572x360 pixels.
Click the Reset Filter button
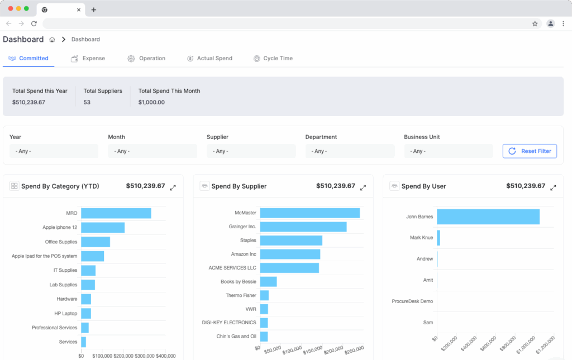(530, 151)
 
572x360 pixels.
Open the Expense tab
(88, 59)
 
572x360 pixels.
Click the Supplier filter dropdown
(251, 151)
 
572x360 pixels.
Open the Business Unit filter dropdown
(448, 151)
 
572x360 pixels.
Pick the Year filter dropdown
(54, 151)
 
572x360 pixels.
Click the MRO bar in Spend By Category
(116, 213)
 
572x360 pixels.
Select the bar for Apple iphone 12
(103, 228)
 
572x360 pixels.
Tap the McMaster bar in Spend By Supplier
(309, 213)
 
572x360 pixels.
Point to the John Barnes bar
(488, 217)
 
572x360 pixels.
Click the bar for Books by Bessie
(268, 282)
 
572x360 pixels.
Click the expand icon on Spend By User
(553, 188)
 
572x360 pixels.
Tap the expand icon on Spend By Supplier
(363, 188)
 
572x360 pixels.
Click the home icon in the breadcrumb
(52, 40)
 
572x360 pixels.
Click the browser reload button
(34, 23)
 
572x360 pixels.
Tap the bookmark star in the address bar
(535, 23)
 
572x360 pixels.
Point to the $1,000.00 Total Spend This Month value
(151, 103)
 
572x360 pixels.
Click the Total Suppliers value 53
(87, 103)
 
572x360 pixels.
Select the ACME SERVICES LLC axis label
(232, 268)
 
